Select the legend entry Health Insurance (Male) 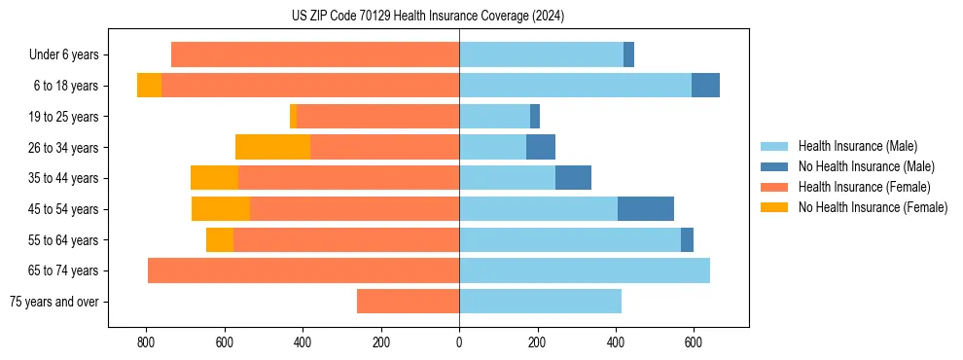(x=857, y=146)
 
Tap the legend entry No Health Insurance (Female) (x=873, y=207)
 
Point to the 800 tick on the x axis (x=146, y=342)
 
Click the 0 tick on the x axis (x=459, y=342)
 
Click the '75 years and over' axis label (x=54, y=302)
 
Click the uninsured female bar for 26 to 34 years (x=272, y=147)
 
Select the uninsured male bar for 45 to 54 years (x=646, y=209)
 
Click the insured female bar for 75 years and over (x=408, y=302)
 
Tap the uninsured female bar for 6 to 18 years (x=149, y=86)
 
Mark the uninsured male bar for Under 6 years (x=628, y=54)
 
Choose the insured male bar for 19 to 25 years (x=494, y=117)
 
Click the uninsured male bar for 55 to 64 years (x=687, y=239)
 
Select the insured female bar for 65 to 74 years (x=303, y=270)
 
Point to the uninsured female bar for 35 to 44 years (x=214, y=178)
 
